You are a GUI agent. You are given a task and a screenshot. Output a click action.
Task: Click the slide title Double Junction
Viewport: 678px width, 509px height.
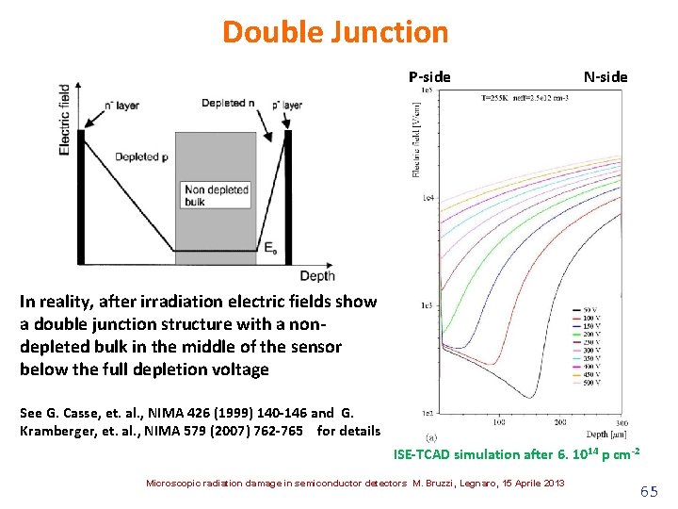(x=335, y=32)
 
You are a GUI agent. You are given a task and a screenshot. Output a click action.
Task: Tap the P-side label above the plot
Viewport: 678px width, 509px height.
(x=429, y=76)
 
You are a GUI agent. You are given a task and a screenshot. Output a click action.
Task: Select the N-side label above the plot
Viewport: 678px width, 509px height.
(x=605, y=76)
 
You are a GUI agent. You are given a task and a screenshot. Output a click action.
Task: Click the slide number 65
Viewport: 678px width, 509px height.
(x=649, y=491)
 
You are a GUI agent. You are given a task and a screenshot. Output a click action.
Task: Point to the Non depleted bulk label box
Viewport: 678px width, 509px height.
(x=218, y=195)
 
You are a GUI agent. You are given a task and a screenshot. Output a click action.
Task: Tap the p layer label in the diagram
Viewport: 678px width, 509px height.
(x=286, y=105)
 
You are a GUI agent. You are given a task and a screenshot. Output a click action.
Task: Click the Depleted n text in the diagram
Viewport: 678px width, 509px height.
(x=229, y=103)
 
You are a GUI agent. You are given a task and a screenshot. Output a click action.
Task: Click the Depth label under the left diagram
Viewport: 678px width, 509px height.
(x=316, y=275)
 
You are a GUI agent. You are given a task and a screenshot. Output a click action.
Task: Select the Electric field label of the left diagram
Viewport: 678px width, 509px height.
(x=64, y=118)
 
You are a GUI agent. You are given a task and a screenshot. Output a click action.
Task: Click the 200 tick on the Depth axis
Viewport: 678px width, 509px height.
(x=558, y=423)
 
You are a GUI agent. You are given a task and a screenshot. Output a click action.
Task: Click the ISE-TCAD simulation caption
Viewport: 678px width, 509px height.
(x=517, y=454)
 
